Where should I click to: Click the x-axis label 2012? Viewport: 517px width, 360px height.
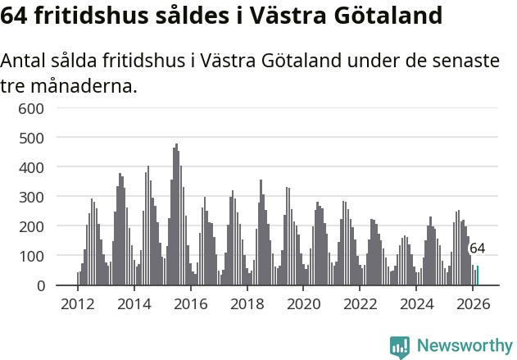78,304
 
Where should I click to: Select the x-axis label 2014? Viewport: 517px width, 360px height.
134,304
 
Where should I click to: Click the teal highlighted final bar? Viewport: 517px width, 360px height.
478,276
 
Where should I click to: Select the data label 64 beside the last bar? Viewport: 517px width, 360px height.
477,248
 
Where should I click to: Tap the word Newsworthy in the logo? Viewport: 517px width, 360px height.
465,345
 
